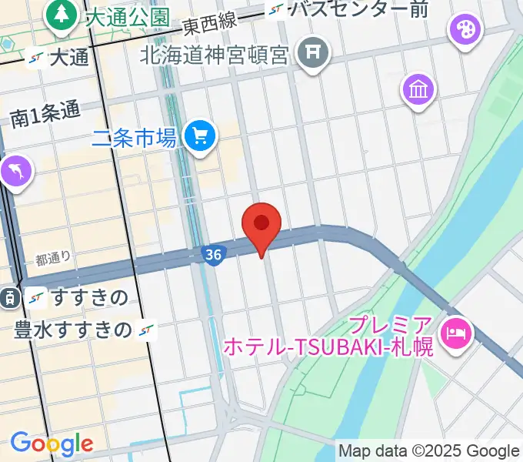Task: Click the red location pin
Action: [x=261, y=225]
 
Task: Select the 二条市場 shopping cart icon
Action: [x=202, y=137]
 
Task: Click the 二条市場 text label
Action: [x=134, y=139]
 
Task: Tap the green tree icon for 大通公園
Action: [x=61, y=15]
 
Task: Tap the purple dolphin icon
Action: [x=16, y=170]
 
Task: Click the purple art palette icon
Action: [x=465, y=31]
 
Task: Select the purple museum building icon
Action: [x=418, y=91]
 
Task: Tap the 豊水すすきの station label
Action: [x=73, y=330]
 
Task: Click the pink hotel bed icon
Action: [x=457, y=333]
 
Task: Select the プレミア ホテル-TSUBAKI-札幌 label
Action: [x=329, y=336]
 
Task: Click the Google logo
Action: [x=51, y=444]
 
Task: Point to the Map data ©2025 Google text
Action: [x=428, y=451]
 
